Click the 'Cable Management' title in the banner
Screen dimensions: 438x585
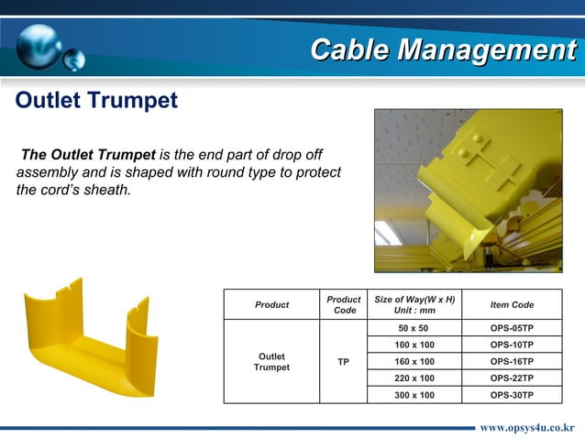point(442,49)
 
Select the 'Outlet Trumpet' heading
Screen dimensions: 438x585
point(96,101)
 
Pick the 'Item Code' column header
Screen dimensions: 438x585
point(512,304)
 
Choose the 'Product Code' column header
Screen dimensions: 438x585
point(343,304)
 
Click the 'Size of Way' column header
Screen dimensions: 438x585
point(415,304)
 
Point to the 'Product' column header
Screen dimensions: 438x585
point(271,304)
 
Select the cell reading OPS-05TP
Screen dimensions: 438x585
point(512,328)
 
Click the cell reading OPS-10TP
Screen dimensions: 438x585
point(512,345)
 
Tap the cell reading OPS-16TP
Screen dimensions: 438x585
point(512,361)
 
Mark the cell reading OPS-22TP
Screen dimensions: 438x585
point(512,378)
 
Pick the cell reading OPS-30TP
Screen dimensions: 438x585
point(512,395)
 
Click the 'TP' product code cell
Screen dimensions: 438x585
point(343,361)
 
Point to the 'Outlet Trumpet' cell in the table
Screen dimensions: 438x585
point(271,361)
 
